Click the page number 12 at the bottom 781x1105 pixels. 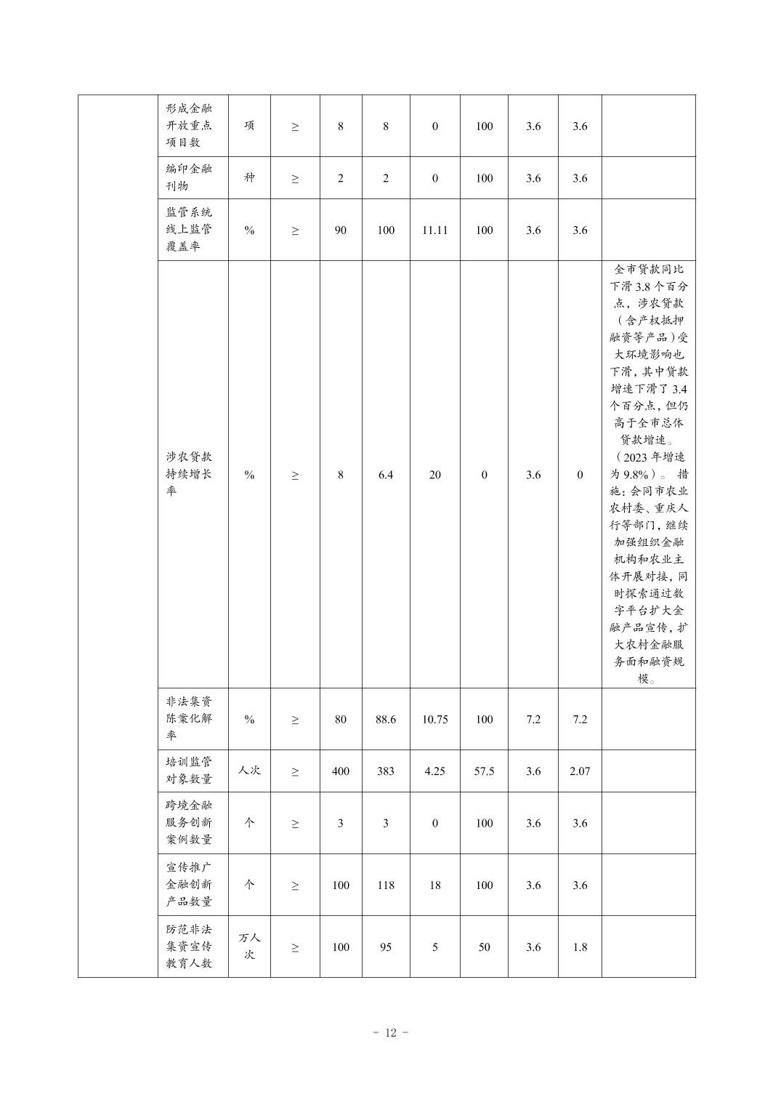point(391,1033)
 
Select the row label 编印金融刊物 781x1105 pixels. point(189,177)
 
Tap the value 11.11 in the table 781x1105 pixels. point(434,230)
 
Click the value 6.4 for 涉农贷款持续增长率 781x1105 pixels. point(386,475)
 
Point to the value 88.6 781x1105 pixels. point(386,720)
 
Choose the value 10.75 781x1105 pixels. point(434,720)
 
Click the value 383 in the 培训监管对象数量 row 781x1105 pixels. point(386,771)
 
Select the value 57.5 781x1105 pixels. point(484,771)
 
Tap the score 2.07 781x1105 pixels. point(580,771)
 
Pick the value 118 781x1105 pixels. point(386,885)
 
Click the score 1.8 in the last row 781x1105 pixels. point(580,947)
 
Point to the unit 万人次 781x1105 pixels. point(249,947)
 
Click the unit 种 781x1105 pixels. point(249,177)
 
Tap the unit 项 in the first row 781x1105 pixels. point(249,126)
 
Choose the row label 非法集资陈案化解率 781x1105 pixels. point(189,719)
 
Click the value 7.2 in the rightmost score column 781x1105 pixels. point(580,720)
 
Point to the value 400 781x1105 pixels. point(340,771)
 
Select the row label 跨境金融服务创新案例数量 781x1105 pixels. point(189,823)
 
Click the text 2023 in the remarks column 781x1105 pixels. point(634,457)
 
